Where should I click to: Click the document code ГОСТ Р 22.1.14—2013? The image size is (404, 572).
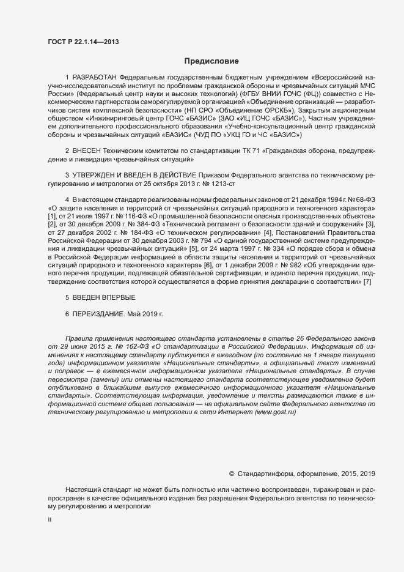(x=83, y=42)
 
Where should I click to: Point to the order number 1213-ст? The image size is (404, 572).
(x=218, y=183)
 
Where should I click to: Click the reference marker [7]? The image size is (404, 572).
(x=367, y=265)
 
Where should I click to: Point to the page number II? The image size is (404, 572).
(x=50, y=520)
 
